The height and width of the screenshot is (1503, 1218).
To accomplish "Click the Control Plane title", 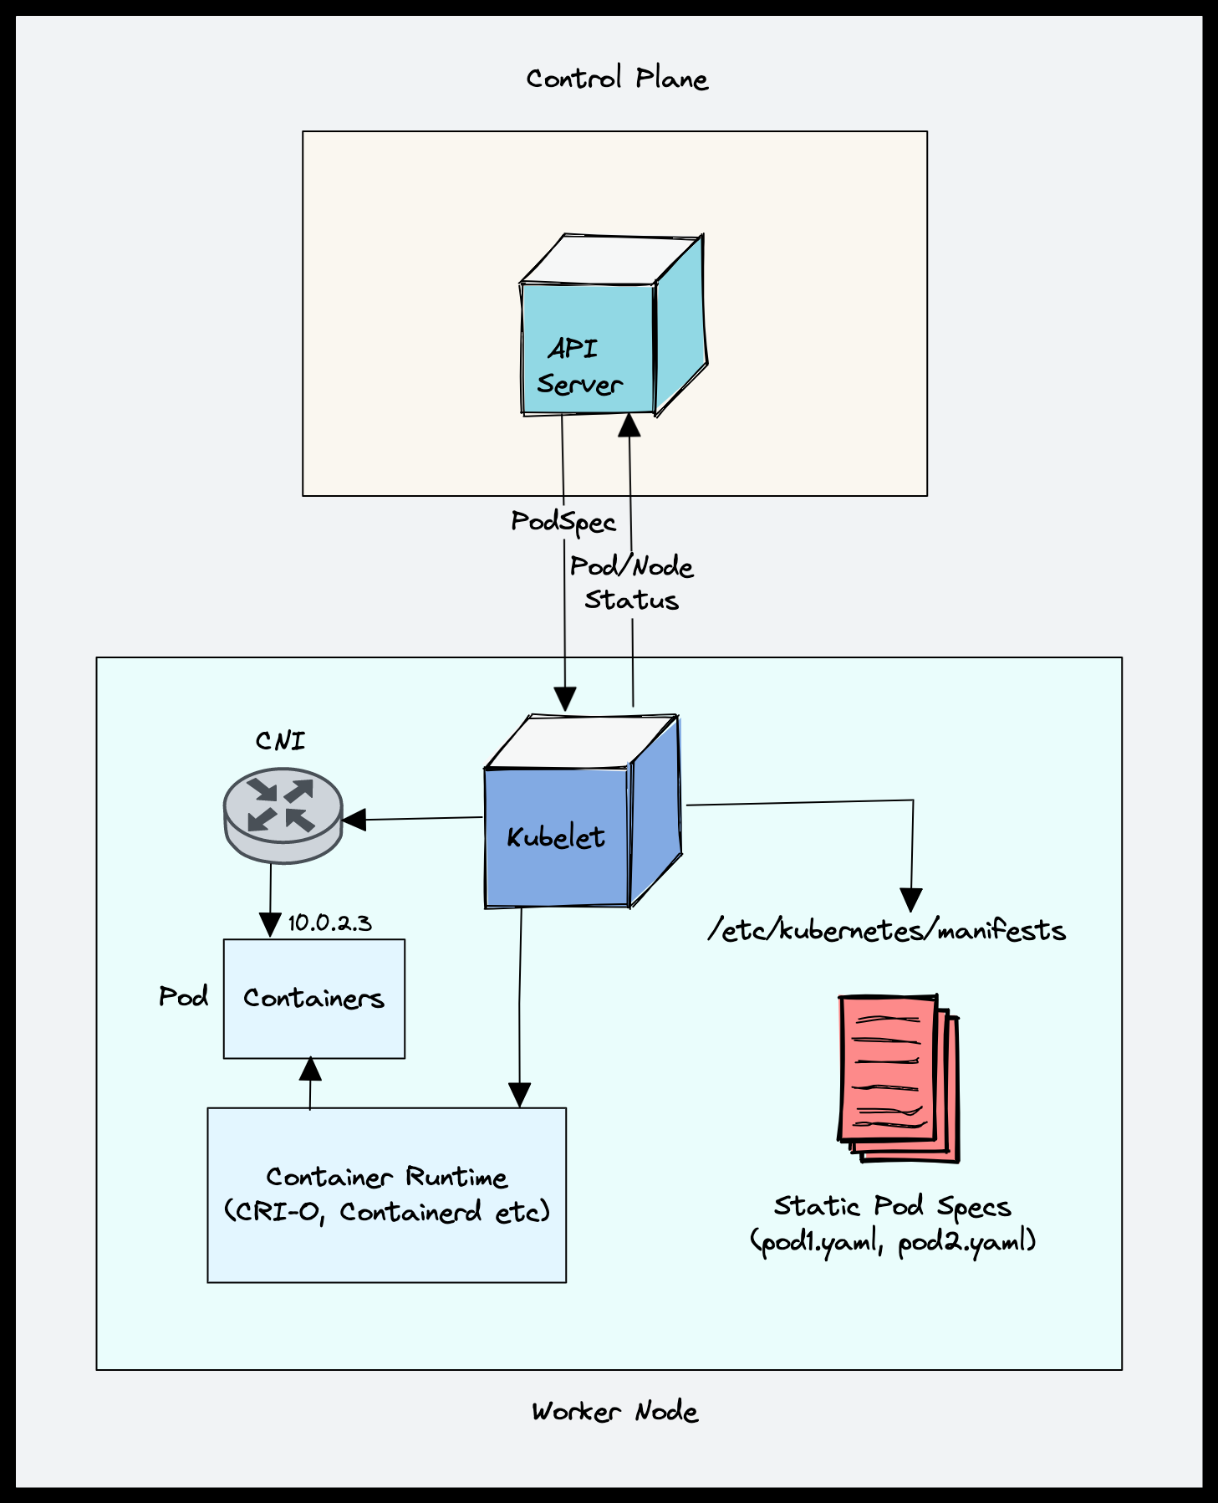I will coord(617,79).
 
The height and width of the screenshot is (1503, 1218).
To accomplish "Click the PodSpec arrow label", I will coord(563,522).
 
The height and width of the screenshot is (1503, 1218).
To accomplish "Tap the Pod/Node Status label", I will coord(632,583).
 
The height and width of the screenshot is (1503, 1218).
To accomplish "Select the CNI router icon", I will coord(283,815).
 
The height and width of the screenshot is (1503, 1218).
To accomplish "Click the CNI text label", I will coord(280,741).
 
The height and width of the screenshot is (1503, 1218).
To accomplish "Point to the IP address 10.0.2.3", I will coord(329,923).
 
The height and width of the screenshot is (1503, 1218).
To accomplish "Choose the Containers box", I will coord(314,999).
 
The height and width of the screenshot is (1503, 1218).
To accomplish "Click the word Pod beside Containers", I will coord(184,996).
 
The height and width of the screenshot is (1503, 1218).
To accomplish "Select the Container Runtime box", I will coord(387,1194).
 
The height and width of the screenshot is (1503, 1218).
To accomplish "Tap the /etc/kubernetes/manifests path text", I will coord(887,931).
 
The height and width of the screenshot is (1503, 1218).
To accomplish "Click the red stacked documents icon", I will coord(897,1077).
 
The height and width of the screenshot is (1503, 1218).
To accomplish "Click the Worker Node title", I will coord(615,1412).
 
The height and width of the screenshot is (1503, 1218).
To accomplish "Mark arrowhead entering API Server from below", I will coord(629,425).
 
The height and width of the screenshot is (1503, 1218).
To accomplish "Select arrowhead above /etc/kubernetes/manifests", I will coord(910,900).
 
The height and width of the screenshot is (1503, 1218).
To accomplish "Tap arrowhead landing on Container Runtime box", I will coord(520,1095).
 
